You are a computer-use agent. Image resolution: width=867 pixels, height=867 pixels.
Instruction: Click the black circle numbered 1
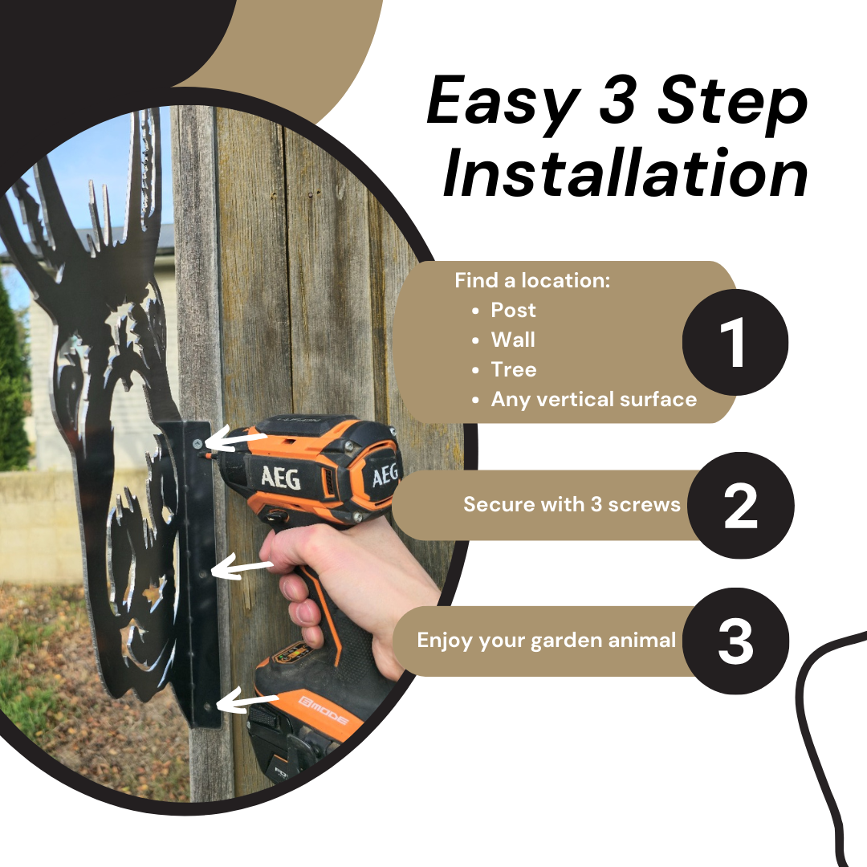(x=735, y=342)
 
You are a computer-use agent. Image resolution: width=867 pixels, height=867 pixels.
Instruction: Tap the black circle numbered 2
(x=741, y=505)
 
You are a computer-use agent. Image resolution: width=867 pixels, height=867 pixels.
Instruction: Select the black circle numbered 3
(x=735, y=641)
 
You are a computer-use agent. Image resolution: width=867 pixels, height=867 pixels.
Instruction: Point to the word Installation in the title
(x=625, y=173)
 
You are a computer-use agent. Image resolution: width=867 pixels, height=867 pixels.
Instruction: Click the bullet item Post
(x=513, y=310)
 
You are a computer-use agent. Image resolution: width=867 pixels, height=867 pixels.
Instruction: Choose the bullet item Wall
(x=513, y=340)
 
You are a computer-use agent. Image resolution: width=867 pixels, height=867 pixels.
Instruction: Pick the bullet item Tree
(x=514, y=369)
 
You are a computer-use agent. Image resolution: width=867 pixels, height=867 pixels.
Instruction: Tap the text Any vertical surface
(x=594, y=399)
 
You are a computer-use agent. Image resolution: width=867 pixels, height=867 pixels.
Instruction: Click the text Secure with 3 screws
(x=572, y=504)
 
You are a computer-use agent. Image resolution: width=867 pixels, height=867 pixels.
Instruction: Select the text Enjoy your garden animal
(x=547, y=641)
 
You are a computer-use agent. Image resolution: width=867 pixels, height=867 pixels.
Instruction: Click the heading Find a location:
(x=532, y=280)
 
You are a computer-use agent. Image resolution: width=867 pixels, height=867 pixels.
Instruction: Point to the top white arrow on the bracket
(x=236, y=440)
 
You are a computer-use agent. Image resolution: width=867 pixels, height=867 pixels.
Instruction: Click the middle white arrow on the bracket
(x=242, y=568)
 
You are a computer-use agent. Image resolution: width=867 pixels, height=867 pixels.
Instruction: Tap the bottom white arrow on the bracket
(x=248, y=701)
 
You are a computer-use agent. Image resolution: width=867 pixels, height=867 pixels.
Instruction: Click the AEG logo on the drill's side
(x=281, y=477)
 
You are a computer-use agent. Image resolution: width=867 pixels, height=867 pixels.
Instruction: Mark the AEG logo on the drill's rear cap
(x=385, y=474)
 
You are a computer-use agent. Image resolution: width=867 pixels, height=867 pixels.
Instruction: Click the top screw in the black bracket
(x=197, y=443)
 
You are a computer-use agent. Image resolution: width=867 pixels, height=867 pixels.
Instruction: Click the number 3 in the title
(x=617, y=100)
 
